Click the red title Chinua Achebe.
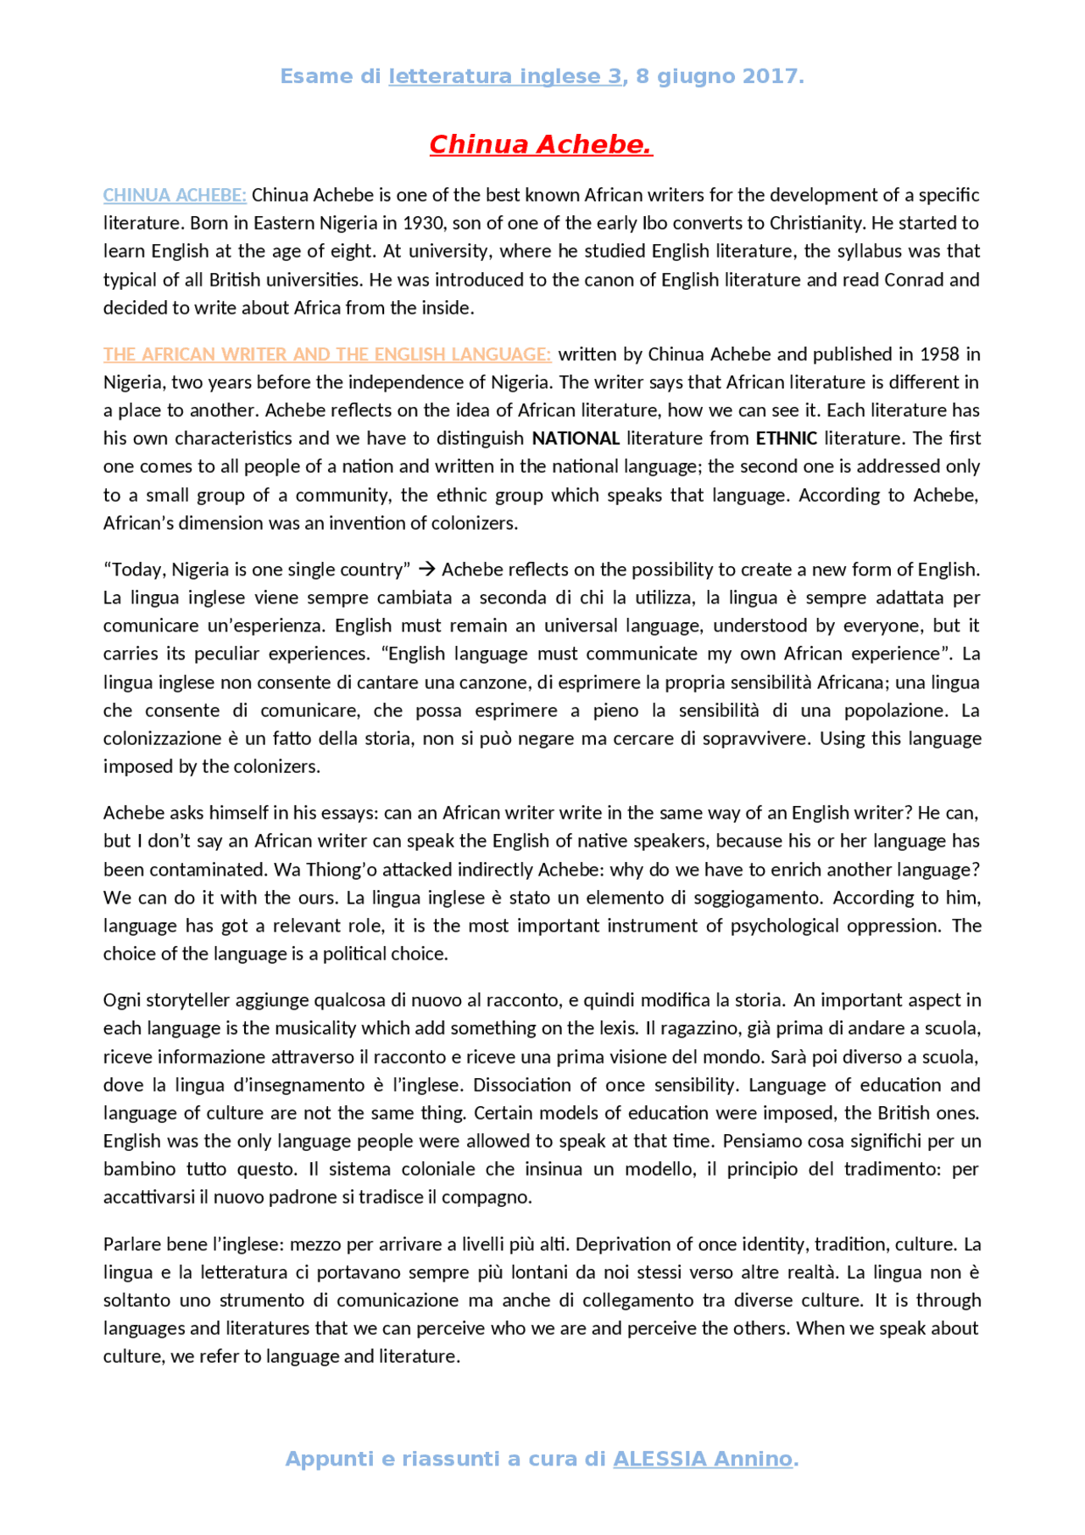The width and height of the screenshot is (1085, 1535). [541, 145]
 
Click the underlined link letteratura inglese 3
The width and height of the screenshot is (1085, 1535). [505, 76]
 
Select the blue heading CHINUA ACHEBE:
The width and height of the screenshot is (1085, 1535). [175, 195]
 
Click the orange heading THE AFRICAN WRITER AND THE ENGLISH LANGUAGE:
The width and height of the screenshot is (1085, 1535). [327, 354]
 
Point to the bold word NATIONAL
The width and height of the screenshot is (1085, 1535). [576, 438]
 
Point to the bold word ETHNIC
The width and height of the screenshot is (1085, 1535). [786, 438]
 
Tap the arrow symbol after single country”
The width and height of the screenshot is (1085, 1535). [426, 570]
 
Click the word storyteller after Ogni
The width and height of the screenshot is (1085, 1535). [187, 1000]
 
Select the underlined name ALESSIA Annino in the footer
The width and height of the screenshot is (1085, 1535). [703, 1460]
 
